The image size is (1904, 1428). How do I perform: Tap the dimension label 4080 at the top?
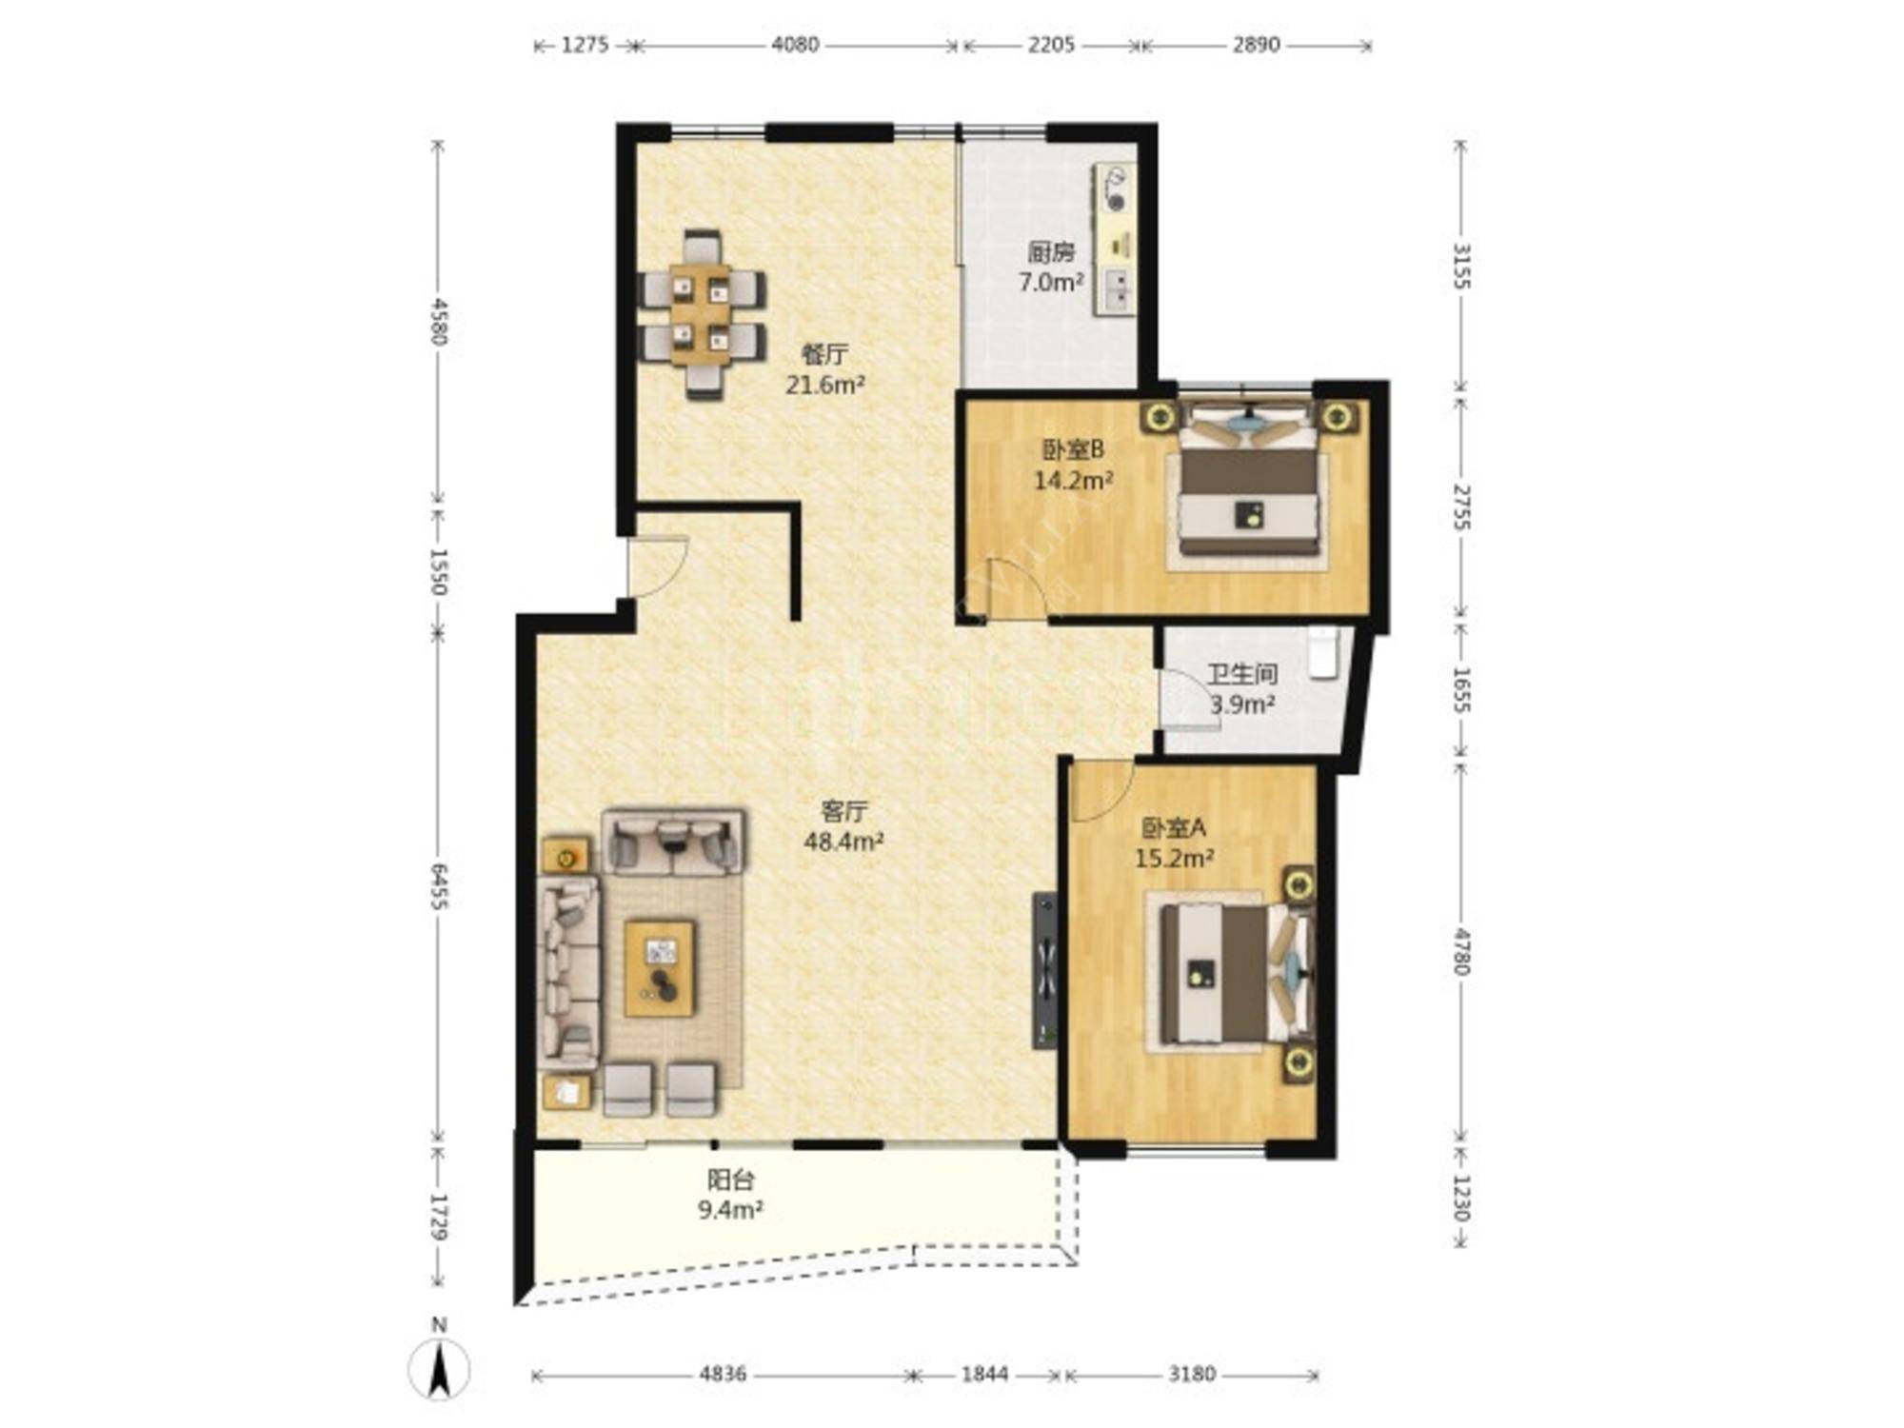[795, 45]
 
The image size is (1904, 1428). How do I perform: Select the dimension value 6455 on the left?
[439, 886]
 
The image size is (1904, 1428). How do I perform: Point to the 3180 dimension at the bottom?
[1192, 1374]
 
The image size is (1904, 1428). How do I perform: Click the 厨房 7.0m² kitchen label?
[1051, 268]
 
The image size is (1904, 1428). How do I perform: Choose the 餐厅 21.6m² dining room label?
[824, 369]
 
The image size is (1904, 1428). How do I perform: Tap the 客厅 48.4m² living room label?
[843, 825]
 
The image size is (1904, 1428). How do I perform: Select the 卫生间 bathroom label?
[1242, 675]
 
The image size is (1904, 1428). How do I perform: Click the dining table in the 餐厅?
[702, 314]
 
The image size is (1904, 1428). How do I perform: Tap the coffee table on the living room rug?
[659, 967]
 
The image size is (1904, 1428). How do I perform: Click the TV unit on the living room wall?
[1045, 970]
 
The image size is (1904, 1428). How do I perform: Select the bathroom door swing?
[1190, 700]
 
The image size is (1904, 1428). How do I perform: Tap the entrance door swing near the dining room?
[658, 567]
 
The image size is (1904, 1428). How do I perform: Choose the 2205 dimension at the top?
[1051, 45]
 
